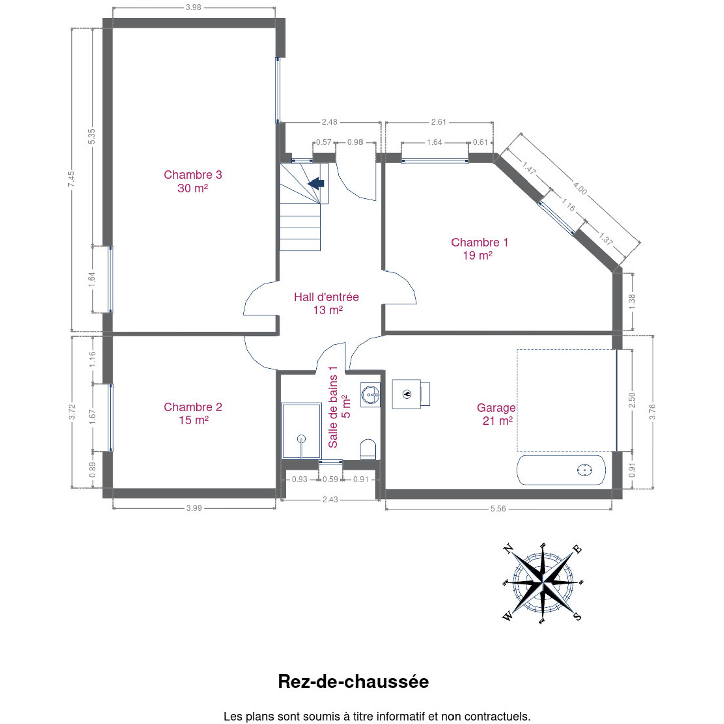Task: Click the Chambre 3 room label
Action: click(x=193, y=181)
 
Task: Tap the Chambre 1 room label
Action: click(x=480, y=249)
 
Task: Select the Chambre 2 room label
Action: click(x=193, y=413)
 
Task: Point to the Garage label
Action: click(x=496, y=414)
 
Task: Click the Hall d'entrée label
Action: click(x=326, y=303)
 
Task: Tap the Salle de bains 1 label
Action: click(x=339, y=407)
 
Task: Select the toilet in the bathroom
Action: click(x=368, y=449)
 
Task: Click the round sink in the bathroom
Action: click(x=371, y=395)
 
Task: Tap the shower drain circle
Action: click(x=301, y=439)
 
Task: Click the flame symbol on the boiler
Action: click(x=407, y=394)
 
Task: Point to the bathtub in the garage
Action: click(x=561, y=470)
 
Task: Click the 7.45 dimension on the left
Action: click(x=71, y=179)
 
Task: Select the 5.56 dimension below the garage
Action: click(x=498, y=509)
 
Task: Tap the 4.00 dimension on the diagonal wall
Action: click(x=579, y=188)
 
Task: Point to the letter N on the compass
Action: click(x=508, y=549)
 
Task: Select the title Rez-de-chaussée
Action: click(x=353, y=681)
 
